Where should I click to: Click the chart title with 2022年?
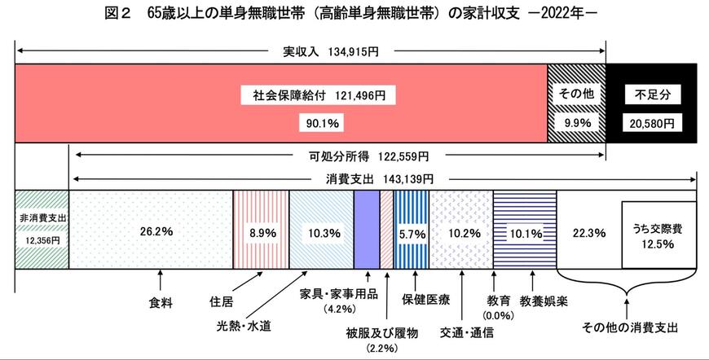click(354, 13)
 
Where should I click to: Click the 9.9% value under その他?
click(576, 122)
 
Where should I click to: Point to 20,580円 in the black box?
click(652, 122)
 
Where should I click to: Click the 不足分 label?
click(651, 94)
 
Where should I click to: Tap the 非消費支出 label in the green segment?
click(41, 218)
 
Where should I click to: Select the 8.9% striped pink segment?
click(262, 232)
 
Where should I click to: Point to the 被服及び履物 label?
click(381, 332)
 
